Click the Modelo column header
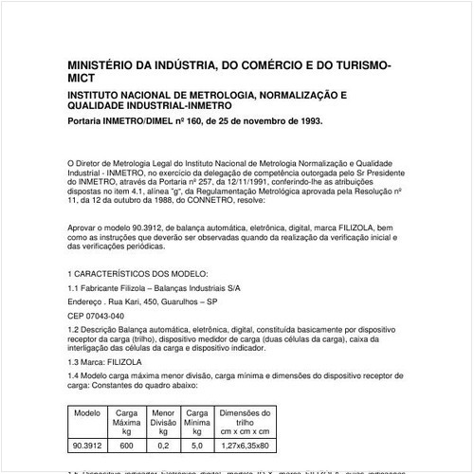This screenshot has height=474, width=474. [87, 414]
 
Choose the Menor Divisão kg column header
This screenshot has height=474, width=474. [163, 422]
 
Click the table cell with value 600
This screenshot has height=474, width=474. [126, 444]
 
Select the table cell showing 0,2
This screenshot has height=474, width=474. [163, 444]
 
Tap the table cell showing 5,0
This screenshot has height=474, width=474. [197, 444]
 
